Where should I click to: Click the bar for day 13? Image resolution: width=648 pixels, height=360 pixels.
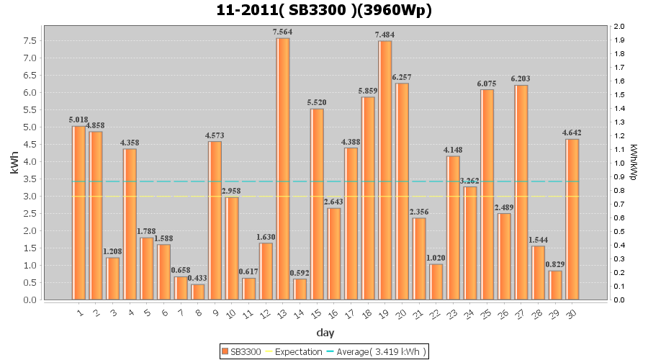click(x=283, y=168)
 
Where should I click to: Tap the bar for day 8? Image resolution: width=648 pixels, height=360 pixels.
click(x=197, y=292)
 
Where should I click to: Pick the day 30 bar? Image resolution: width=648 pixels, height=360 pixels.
click(x=572, y=219)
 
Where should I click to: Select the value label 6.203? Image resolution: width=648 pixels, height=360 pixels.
click(x=521, y=79)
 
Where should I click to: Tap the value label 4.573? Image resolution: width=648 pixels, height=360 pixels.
click(x=215, y=135)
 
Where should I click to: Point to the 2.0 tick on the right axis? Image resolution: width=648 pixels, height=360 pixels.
click(x=619, y=27)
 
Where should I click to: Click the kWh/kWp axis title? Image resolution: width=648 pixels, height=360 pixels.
click(x=634, y=163)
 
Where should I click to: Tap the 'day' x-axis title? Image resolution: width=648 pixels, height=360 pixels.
click(x=325, y=333)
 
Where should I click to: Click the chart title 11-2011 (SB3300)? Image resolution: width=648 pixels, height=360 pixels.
click(x=324, y=10)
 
